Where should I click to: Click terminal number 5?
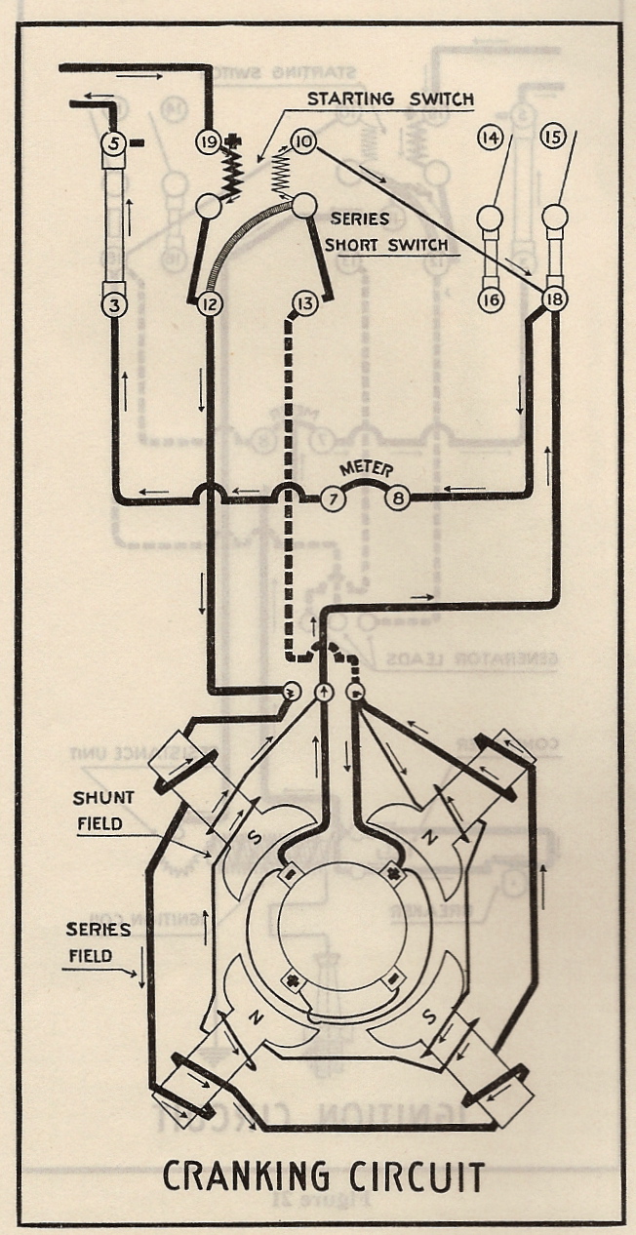tap(114, 144)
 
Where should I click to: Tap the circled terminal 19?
tap(208, 142)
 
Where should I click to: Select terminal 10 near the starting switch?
tap(302, 142)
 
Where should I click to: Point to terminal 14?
tap(490, 139)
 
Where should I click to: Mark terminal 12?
tap(208, 304)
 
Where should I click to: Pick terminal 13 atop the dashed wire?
tap(304, 304)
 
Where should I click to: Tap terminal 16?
tap(490, 299)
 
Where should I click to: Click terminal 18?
tap(554, 299)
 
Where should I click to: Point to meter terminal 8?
tap(398, 498)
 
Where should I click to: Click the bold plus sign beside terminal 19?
tap(232, 141)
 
